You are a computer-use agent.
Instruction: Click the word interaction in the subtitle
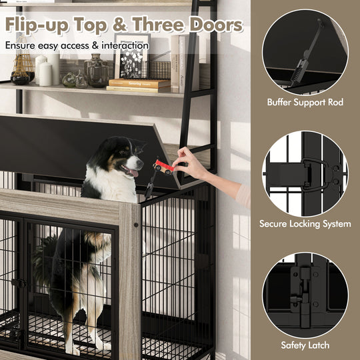click(x=121, y=46)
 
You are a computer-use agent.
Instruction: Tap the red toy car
click(x=165, y=166)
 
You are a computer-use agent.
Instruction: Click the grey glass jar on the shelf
click(x=97, y=71)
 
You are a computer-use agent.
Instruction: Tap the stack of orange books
click(x=139, y=85)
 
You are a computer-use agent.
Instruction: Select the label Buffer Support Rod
click(x=305, y=103)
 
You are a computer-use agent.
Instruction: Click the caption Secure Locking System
click(x=305, y=224)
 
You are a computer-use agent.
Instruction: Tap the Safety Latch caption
click(x=305, y=345)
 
